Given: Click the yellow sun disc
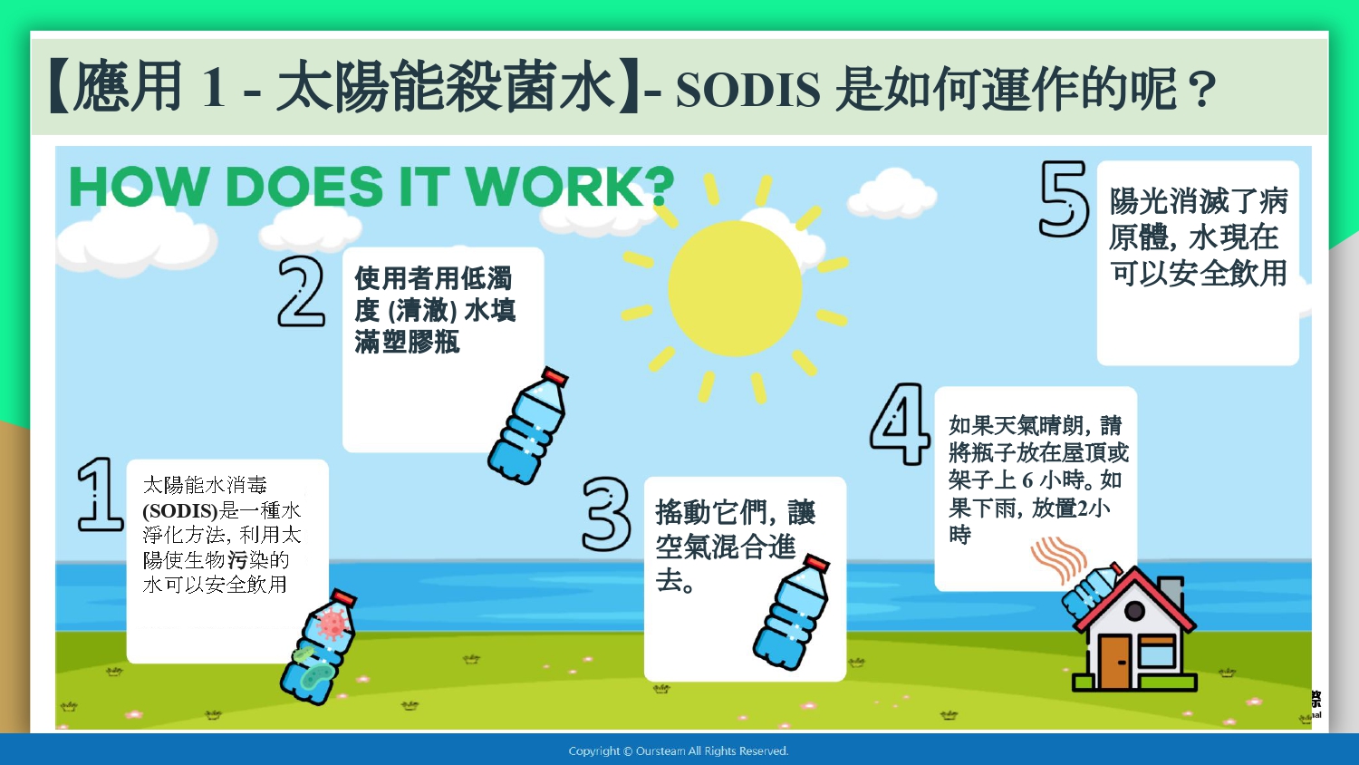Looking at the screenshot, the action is click(735, 288).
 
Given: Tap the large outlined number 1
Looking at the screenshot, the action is click(99, 495).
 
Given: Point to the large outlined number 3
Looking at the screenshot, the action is click(606, 514).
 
